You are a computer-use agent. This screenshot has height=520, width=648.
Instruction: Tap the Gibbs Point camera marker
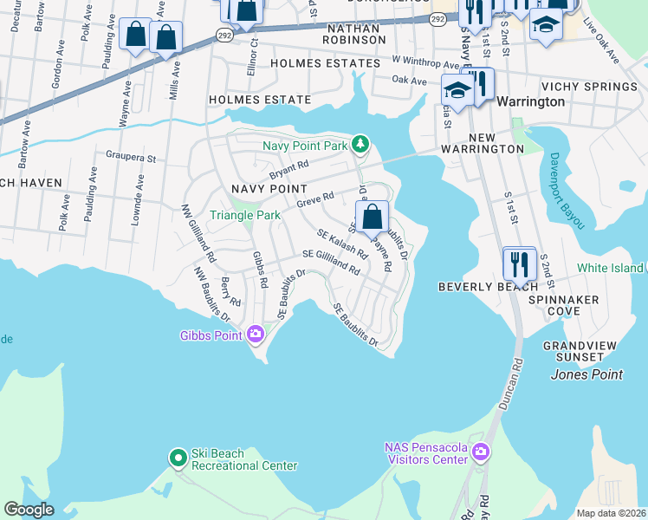tap(255, 334)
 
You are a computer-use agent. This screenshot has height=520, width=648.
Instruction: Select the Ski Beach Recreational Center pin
tap(178, 457)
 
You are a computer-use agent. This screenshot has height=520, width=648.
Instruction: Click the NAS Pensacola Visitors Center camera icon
tap(482, 452)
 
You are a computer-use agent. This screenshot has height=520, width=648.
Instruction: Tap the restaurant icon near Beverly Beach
tap(519, 263)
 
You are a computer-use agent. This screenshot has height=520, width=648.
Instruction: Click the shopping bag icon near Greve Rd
tap(372, 218)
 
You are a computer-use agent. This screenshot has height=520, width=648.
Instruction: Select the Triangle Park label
tap(244, 215)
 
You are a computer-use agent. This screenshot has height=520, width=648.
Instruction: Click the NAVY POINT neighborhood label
tap(269, 188)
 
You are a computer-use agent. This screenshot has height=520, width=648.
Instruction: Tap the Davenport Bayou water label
tap(565, 192)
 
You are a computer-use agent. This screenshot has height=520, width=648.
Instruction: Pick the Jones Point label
tap(586, 374)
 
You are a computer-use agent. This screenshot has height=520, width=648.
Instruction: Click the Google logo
tap(29, 510)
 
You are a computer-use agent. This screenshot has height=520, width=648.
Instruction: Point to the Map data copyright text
tap(612, 513)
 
